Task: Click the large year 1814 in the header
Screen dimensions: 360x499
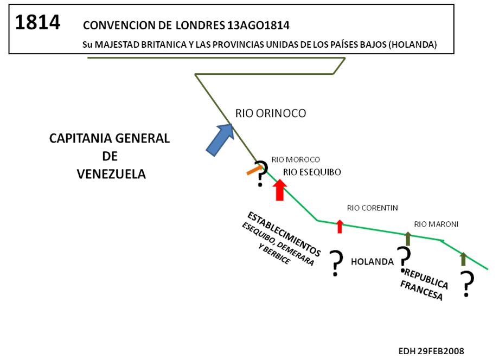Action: [x=37, y=23]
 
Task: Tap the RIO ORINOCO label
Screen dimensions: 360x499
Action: [x=271, y=113]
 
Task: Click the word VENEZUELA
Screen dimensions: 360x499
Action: [x=111, y=174]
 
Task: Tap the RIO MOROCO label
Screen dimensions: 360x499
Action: [x=296, y=160]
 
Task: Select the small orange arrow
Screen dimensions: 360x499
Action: [x=254, y=170]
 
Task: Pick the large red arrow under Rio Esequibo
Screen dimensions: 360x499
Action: [x=279, y=190]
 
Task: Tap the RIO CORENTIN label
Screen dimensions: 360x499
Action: [x=373, y=208]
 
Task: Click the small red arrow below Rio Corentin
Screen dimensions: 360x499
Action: [x=340, y=226]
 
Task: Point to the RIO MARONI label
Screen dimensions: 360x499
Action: [x=436, y=224]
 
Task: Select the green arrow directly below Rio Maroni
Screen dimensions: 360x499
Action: [x=407, y=239]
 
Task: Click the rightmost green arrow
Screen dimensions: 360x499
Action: [x=463, y=258]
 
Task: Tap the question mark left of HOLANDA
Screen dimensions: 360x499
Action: [x=336, y=263]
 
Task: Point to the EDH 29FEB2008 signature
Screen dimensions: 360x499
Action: [x=431, y=350]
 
